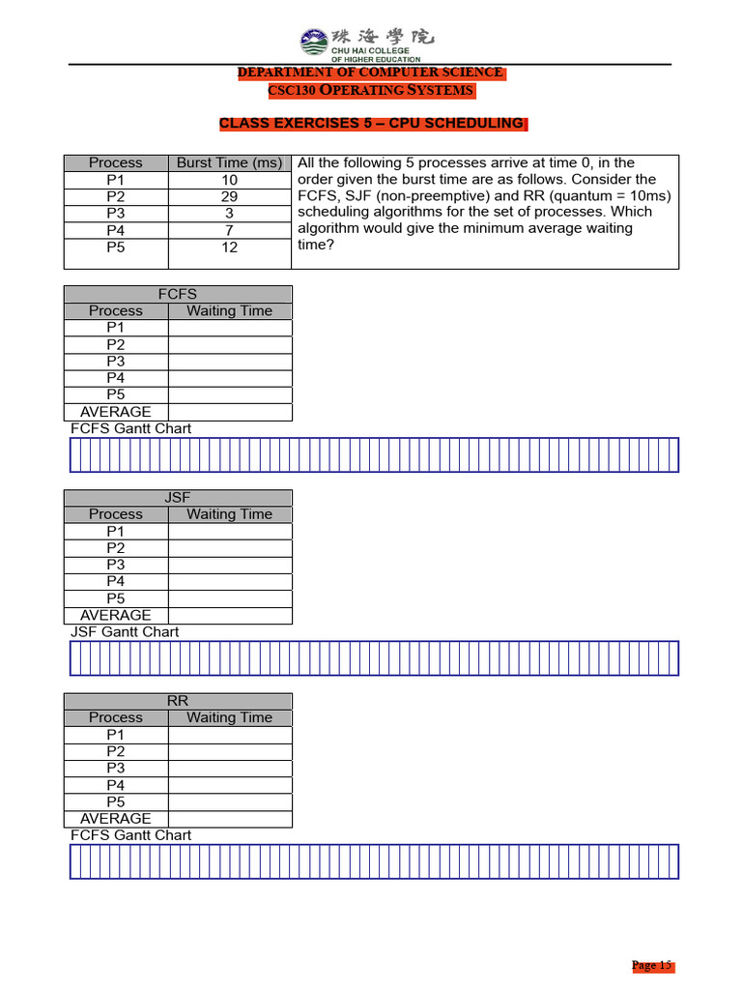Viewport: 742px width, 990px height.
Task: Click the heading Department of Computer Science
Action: [371, 73]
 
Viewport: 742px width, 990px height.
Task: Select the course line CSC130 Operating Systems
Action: [371, 91]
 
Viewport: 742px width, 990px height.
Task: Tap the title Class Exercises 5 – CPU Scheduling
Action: [371, 124]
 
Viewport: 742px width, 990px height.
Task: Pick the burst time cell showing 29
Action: [229, 196]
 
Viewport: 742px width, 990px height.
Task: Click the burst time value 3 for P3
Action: [229, 213]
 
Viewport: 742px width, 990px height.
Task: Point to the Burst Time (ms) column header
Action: [229, 163]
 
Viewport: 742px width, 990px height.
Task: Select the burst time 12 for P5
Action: [229, 247]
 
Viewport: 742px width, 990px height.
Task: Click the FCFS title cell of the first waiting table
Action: [178, 294]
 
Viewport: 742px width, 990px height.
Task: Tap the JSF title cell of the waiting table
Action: [178, 498]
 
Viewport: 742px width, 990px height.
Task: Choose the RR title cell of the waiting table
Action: [178, 701]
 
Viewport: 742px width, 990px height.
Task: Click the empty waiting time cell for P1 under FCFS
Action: [229, 328]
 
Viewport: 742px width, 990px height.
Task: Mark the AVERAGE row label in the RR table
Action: [116, 819]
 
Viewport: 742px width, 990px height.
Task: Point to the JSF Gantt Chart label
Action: [125, 632]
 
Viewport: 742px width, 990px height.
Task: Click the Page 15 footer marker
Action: [651, 966]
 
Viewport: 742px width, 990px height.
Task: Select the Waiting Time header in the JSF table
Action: [229, 514]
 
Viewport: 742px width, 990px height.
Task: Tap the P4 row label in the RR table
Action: [116, 785]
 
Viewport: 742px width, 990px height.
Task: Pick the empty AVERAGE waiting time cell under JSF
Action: [229, 615]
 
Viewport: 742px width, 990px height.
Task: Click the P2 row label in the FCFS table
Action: [116, 344]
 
